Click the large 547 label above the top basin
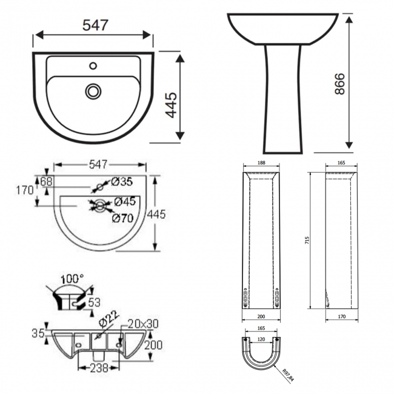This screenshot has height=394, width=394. pos(94,25)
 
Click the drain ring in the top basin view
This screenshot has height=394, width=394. pos(93,91)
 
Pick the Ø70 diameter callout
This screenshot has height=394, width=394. pos(123,218)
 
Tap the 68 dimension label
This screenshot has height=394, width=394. pos(47,181)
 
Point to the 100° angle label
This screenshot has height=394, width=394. pos(72,278)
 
